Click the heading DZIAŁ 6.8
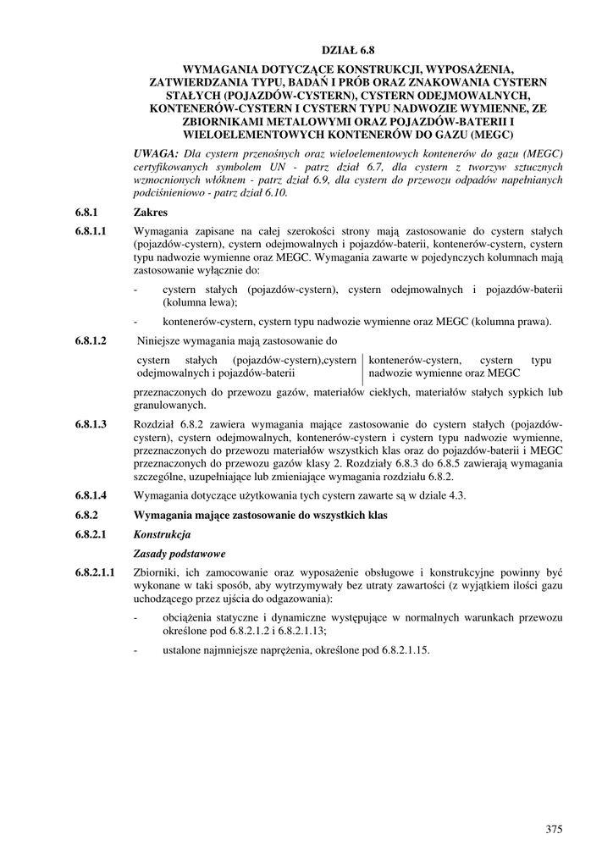pos(348,50)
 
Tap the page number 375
pos(554,829)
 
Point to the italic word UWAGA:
pos(157,152)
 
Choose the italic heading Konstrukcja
pos(163,534)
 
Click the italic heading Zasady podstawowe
pos(179,554)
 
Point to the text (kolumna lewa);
pos(200,302)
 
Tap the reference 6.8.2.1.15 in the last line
pos(400,650)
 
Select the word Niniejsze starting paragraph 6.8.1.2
pos(161,341)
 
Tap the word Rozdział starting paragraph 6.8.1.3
pos(155,424)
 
